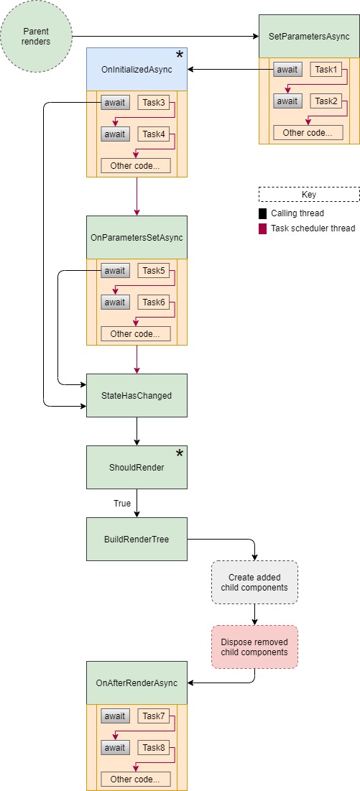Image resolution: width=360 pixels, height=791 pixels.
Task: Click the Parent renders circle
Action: click(x=36, y=36)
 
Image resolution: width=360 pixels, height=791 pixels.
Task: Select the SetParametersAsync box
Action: click(x=309, y=36)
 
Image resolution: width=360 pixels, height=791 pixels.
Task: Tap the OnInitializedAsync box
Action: click(x=137, y=69)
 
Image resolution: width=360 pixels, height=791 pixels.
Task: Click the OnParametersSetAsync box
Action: click(x=137, y=237)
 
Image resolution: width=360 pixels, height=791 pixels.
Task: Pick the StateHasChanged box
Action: click(x=137, y=395)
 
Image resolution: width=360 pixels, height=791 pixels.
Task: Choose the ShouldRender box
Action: click(x=137, y=467)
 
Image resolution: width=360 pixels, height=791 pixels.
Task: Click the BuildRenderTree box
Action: click(x=137, y=539)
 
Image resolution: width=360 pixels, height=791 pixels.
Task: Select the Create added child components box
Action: click(x=254, y=582)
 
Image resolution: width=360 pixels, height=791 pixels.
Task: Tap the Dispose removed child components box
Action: click(x=254, y=647)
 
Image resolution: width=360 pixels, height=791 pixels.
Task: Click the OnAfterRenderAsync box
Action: click(x=137, y=683)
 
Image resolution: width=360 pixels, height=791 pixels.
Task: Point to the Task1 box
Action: click(x=326, y=70)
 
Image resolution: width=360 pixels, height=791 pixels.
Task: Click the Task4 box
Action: click(x=154, y=134)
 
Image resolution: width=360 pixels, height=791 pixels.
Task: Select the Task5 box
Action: click(x=154, y=271)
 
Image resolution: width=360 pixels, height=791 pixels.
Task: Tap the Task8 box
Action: click(x=154, y=748)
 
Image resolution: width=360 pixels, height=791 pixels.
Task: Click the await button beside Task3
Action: click(x=115, y=103)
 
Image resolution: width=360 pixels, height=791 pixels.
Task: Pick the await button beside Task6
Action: click(x=115, y=302)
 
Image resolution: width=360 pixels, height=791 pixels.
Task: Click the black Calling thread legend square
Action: click(x=262, y=213)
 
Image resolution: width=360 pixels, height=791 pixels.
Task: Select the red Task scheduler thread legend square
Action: click(x=262, y=228)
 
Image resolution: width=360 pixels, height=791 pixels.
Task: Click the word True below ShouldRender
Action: click(x=122, y=504)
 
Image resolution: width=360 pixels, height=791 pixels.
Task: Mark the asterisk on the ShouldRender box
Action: click(x=179, y=453)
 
